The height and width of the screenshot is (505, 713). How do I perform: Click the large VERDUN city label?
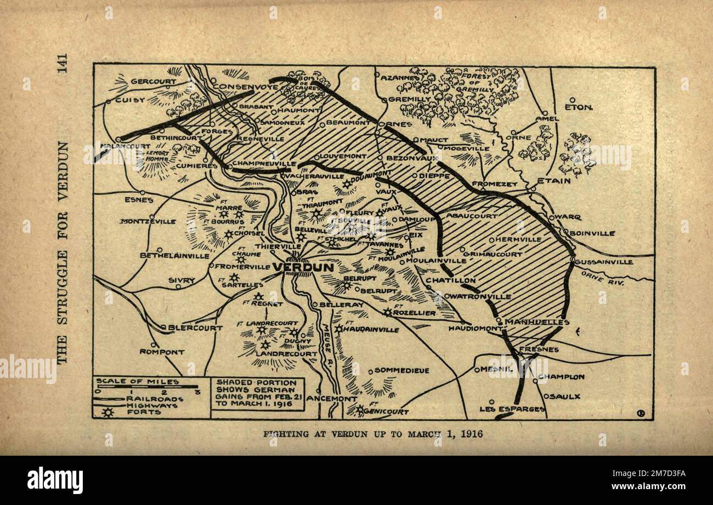point(303,267)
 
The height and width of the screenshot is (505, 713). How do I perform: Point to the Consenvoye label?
point(239,87)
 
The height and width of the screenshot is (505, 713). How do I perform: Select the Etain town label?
point(553,180)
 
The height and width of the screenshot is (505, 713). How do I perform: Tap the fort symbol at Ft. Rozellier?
point(388,312)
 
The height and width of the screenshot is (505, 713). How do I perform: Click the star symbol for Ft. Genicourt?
point(359,409)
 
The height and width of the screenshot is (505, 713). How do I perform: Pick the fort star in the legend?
point(108,412)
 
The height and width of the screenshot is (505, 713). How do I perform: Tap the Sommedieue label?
point(401,371)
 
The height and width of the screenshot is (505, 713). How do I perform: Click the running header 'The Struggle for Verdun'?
point(62,252)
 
